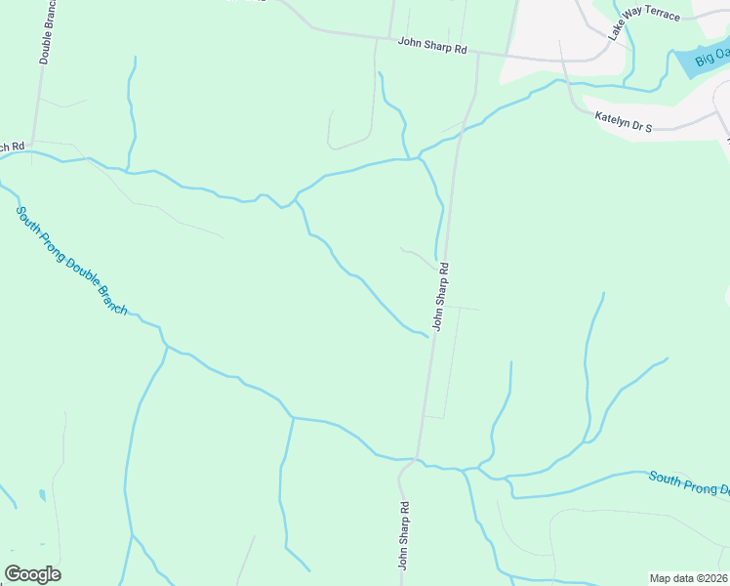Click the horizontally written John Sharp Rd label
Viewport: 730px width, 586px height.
[432, 47]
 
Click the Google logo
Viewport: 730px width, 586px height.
[32, 574]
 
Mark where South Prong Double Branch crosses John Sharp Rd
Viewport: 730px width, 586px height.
[418, 458]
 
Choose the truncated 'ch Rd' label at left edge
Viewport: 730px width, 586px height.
[12, 146]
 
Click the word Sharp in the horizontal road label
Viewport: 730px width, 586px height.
[437, 47]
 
